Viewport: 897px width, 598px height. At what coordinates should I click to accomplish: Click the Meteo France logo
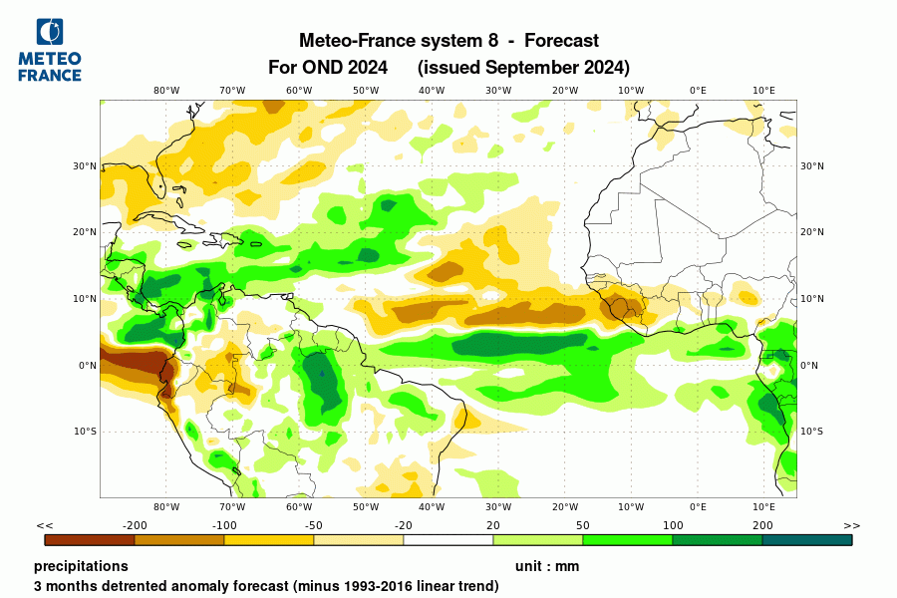tap(49, 49)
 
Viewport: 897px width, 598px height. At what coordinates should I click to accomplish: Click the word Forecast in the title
tap(561, 41)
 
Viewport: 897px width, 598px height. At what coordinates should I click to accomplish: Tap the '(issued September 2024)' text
tap(523, 68)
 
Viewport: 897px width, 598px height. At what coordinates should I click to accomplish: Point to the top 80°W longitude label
tap(166, 91)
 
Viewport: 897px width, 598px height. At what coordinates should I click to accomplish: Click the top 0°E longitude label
tap(698, 91)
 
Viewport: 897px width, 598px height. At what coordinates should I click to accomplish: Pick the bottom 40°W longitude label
tap(432, 507)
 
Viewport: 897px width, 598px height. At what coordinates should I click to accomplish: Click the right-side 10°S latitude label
tap(812, 432)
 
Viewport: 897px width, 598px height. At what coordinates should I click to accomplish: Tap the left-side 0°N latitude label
tap(88, 365)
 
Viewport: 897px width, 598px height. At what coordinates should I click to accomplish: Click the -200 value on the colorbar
tap(135, 525)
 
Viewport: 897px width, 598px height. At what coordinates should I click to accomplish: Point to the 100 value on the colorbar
tap(673, 525)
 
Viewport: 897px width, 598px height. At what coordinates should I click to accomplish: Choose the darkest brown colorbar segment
tap(90, 540)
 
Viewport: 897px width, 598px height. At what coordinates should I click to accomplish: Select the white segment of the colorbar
tap(448, 540)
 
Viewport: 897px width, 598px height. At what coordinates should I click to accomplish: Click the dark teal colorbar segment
tap(807, 540)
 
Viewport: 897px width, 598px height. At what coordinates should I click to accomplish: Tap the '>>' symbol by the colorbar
tap(851, 525)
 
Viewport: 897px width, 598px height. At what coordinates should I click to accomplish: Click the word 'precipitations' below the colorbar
tap(81, 566)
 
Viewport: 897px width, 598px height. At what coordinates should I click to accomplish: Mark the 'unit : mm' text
tap(547, 566)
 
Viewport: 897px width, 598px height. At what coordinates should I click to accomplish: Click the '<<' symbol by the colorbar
tap(45, 525)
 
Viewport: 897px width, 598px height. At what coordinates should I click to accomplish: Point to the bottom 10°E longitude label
tap(763, 507)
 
